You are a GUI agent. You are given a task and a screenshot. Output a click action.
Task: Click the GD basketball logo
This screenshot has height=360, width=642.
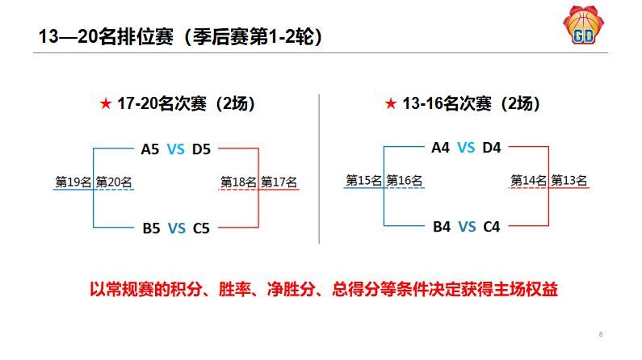583,25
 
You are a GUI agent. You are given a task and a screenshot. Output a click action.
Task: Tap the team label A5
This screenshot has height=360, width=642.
150,149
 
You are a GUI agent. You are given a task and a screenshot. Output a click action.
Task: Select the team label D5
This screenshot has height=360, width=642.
201,149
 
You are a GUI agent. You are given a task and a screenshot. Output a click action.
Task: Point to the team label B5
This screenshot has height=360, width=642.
151,228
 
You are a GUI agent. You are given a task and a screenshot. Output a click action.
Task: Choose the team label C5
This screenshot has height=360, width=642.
201,228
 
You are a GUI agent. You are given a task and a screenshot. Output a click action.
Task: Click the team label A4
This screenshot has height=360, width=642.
441,147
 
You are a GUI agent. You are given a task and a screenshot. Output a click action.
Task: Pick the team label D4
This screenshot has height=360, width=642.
491,147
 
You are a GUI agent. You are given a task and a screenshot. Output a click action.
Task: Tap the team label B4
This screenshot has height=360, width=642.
442,227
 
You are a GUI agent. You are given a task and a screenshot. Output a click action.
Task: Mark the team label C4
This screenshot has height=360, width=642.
491,227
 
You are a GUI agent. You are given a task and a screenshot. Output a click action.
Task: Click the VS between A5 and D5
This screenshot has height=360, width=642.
176,149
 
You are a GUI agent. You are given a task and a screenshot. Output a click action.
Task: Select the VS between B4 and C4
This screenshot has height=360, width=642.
467,227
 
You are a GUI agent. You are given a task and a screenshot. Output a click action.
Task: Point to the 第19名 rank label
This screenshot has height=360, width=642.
73,182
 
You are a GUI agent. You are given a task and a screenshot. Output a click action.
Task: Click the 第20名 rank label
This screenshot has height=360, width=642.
114,182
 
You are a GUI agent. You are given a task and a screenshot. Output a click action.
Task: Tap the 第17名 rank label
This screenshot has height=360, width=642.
279,182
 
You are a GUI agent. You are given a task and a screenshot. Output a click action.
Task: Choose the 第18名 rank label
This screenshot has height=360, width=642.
238,182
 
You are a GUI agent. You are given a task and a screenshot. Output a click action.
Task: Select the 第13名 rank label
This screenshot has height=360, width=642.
569,181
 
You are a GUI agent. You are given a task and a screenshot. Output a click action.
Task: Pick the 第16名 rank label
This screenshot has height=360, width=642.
404,181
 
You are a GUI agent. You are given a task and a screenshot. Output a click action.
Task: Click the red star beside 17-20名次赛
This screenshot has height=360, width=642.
106,103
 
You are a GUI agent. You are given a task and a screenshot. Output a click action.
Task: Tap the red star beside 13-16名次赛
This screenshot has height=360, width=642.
391,103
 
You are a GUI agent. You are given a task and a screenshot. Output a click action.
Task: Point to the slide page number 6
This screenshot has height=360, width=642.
601,334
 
